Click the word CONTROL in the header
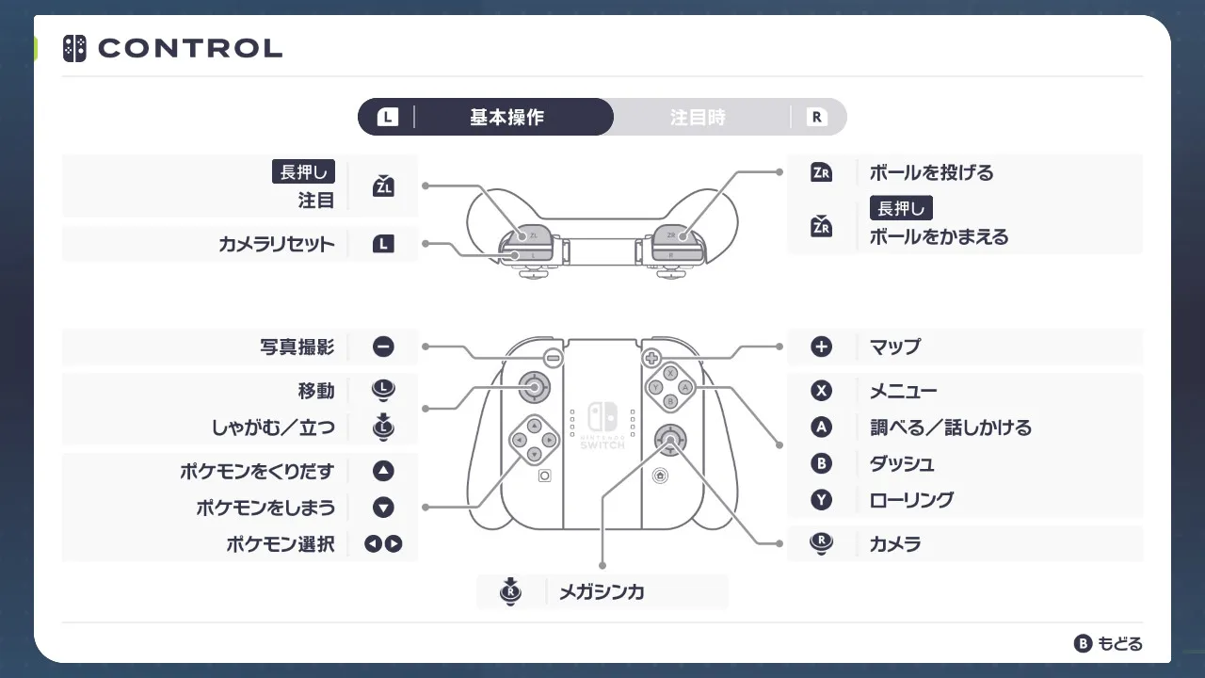(190, 48)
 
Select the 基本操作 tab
(506, 117)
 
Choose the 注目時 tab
(698, 117)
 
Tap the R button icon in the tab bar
(816, 117)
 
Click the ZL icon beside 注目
(383, 186)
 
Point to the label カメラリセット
(277, 244)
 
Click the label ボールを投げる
(932, 172)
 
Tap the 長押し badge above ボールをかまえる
(901, 208)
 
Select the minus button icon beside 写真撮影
(383, 347)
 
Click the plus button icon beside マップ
(821, 347)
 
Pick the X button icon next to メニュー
(821, 391)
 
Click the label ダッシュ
(902, 464)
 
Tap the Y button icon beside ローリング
(821, 500)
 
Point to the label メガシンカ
(602, 592)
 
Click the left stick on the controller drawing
(534, 387)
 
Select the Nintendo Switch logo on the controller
(602, 416)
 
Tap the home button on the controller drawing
(660, 476)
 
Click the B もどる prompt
(1108, 643)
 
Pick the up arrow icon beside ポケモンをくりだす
(383, 471)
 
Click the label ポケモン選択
(281, 544)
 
